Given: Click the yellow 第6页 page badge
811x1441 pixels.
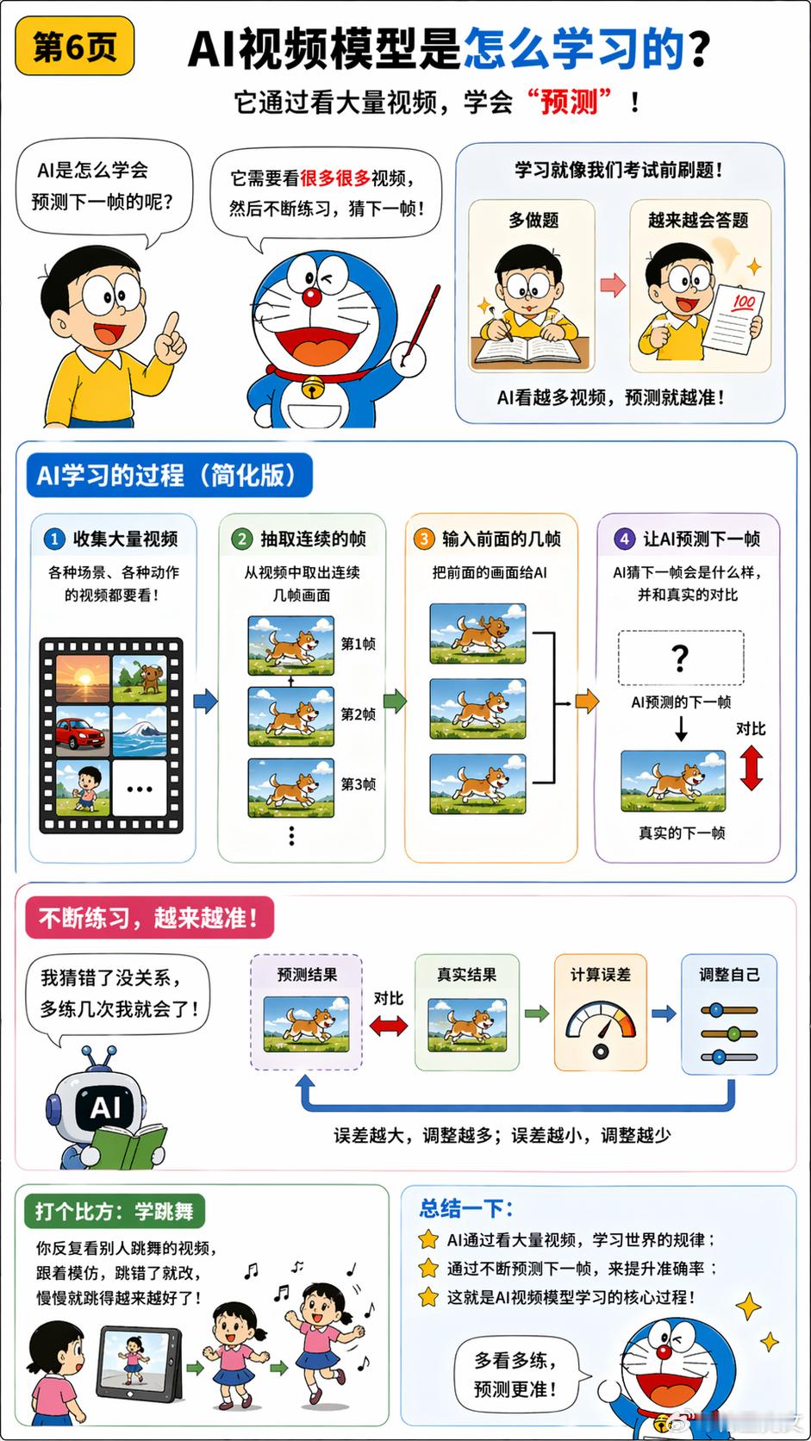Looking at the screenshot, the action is tap(75, 47).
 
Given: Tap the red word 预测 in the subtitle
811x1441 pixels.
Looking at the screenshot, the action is tap(569, 102).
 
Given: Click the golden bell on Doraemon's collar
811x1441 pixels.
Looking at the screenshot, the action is tap(313, 387).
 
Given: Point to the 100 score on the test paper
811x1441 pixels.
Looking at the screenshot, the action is tap(743, 301).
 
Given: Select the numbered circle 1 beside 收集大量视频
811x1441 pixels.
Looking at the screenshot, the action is tap(54, 539).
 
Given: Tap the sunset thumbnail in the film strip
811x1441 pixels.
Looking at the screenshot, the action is tap(83, 678).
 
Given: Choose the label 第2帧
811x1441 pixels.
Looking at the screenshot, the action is tap(359, 714).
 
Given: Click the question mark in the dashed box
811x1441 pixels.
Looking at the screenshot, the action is tap(680, 658).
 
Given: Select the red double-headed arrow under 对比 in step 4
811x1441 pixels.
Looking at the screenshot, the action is tap(752, 767).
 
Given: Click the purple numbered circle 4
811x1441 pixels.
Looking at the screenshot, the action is tap(624, 539).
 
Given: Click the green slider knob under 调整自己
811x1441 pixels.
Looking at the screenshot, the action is tap(733, 1034).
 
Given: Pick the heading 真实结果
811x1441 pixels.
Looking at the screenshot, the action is tap(467, 975).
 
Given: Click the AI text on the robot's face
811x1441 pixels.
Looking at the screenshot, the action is tap(105, 1107).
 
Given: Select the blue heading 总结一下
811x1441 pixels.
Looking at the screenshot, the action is tap(465, 1208).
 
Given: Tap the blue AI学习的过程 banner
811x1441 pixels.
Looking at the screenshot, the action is tap(169, 476).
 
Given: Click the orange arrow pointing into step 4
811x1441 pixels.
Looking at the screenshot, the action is tap(587, 701).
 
